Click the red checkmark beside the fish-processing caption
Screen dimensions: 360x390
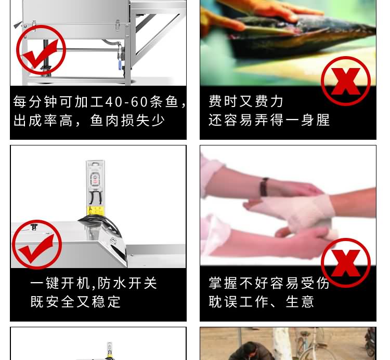pyautogui.click(x=41, y=49)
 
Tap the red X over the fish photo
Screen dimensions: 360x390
pyautogui.click(x=345, y=81)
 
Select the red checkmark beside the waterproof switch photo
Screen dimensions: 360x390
pyautogui.click(x=37, y=245)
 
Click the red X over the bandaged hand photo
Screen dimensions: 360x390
pyautogui.click(x=345, y=263)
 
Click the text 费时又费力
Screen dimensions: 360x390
pyautogui.click(x=246, y=101)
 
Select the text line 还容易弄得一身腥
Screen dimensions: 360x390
pyautogui.click(x=269, y=121)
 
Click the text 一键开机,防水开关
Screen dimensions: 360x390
pyautogui.click(x=94, y=283)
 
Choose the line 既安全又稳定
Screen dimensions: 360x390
pyautogui.click(x=75, y=302)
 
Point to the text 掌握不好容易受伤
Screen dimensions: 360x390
pyautogui.click(x=269, y=283)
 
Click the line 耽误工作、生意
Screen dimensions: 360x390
pyautogui.click(x=262, y=302)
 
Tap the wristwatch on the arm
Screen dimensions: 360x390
pyautogui.click(x=265, y=186)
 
